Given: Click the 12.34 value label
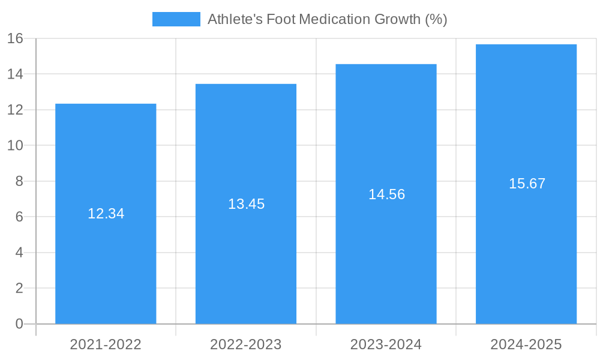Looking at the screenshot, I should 106,214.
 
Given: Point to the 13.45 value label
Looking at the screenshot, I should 246,204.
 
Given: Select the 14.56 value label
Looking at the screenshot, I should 386,194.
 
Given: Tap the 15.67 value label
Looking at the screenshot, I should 527,184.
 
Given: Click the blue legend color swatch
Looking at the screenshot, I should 176,19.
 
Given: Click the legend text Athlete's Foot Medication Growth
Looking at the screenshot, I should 327,19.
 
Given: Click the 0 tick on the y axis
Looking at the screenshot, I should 19,324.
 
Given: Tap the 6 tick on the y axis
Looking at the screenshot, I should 19,217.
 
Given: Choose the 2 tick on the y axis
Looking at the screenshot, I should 19,289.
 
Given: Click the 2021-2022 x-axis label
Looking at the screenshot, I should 106,344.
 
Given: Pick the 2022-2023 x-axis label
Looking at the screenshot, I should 246,344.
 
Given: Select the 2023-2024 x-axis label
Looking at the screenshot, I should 386,344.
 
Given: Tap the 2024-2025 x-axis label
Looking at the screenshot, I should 526,344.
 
